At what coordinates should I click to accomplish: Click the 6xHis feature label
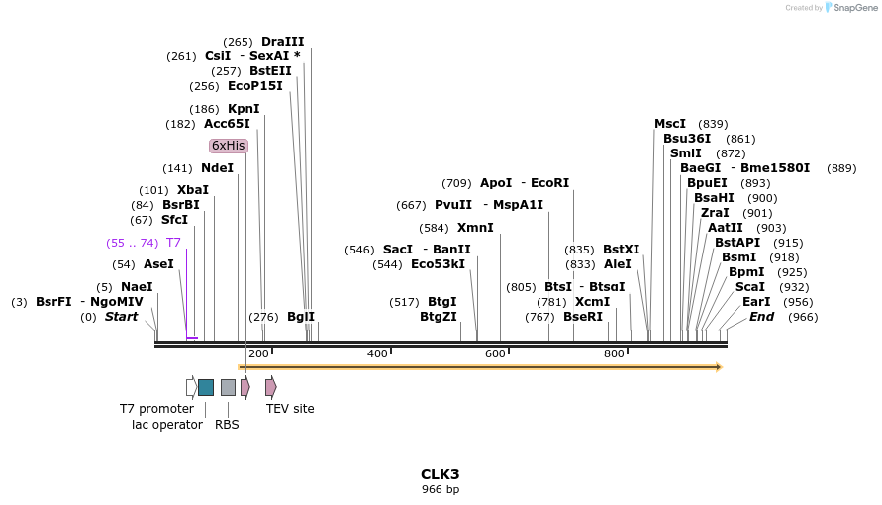tap(228, 146)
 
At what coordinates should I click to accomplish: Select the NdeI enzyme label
tap(217, 168)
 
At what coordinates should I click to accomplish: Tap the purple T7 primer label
tap(173, 243)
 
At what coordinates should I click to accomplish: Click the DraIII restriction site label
tap(282, 42)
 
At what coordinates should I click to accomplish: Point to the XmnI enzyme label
tap(475, 228)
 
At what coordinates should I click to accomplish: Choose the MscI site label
tap(670, 124)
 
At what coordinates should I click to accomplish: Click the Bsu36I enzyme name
tap(687, 139)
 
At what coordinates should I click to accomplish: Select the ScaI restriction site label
tap(750, 287)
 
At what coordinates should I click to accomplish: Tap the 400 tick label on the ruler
tap(377, 353)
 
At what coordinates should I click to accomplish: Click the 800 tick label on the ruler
tap(614, 353)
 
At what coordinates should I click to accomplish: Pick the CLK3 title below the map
tap(441, 474)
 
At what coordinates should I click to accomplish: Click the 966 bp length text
tap(441, 489)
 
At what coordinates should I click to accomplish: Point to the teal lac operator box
tap(206, 387)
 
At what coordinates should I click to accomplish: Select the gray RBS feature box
tap(228, 387)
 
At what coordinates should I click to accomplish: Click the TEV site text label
tap(290, 408)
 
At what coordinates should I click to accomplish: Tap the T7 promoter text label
tap(156, 408)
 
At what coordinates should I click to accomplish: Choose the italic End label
tap(761, 317)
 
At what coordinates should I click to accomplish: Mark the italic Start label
tap(122, 317)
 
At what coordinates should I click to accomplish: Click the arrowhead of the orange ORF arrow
tap(717, 367)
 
